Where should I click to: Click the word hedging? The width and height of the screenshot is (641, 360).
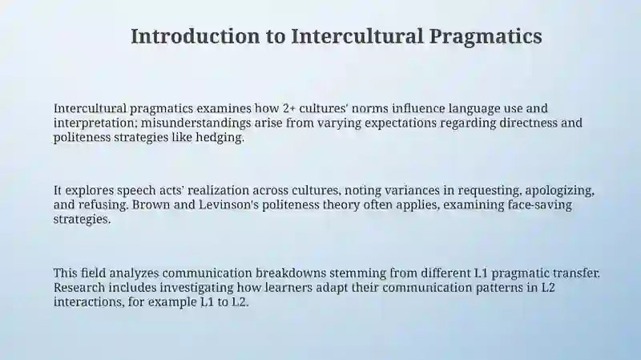pyautogui.click(x=217, y=137)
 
